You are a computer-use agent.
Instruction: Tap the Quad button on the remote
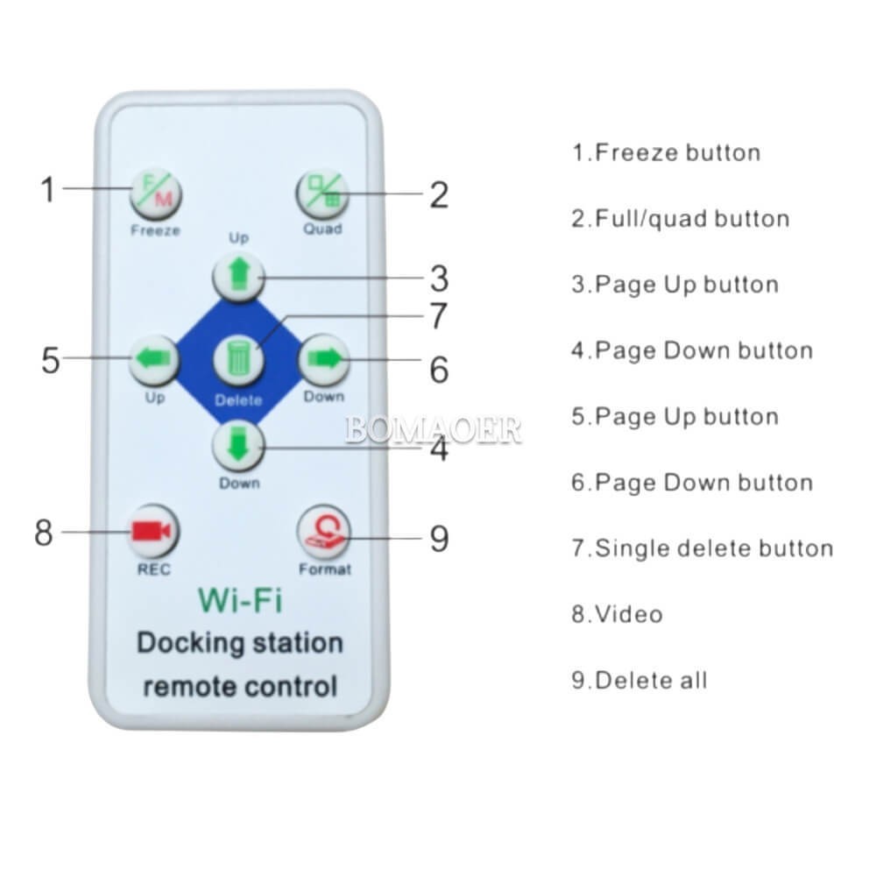click(321, 194)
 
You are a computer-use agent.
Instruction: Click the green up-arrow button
click(238, 276)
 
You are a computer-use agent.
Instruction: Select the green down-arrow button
click(238, 445)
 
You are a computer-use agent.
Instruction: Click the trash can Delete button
click(238, 360)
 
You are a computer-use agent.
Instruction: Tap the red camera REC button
click(152, 531)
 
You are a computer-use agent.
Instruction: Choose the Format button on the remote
click(324, 532)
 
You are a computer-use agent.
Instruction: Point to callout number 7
click(439, 315)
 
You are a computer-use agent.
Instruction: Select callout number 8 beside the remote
click(44, 532)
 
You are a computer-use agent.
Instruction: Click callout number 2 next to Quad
click(439, 195)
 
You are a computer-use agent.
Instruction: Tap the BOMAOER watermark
click(433, 430)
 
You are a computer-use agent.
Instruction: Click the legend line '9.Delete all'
click(639, 680)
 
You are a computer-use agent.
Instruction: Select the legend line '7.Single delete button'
click(703, 548)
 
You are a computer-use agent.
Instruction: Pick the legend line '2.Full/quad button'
click(681, 218)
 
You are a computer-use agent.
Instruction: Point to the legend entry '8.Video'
click(618, 614)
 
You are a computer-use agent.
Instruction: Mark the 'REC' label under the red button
click(153, 569)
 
